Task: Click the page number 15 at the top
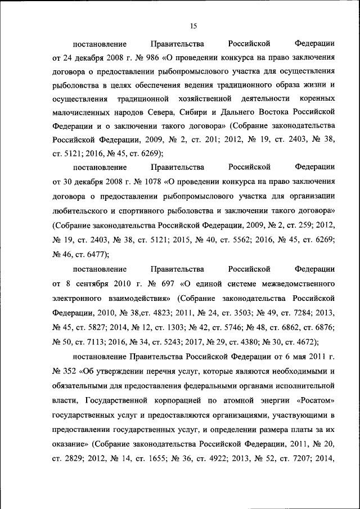(192, 25)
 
